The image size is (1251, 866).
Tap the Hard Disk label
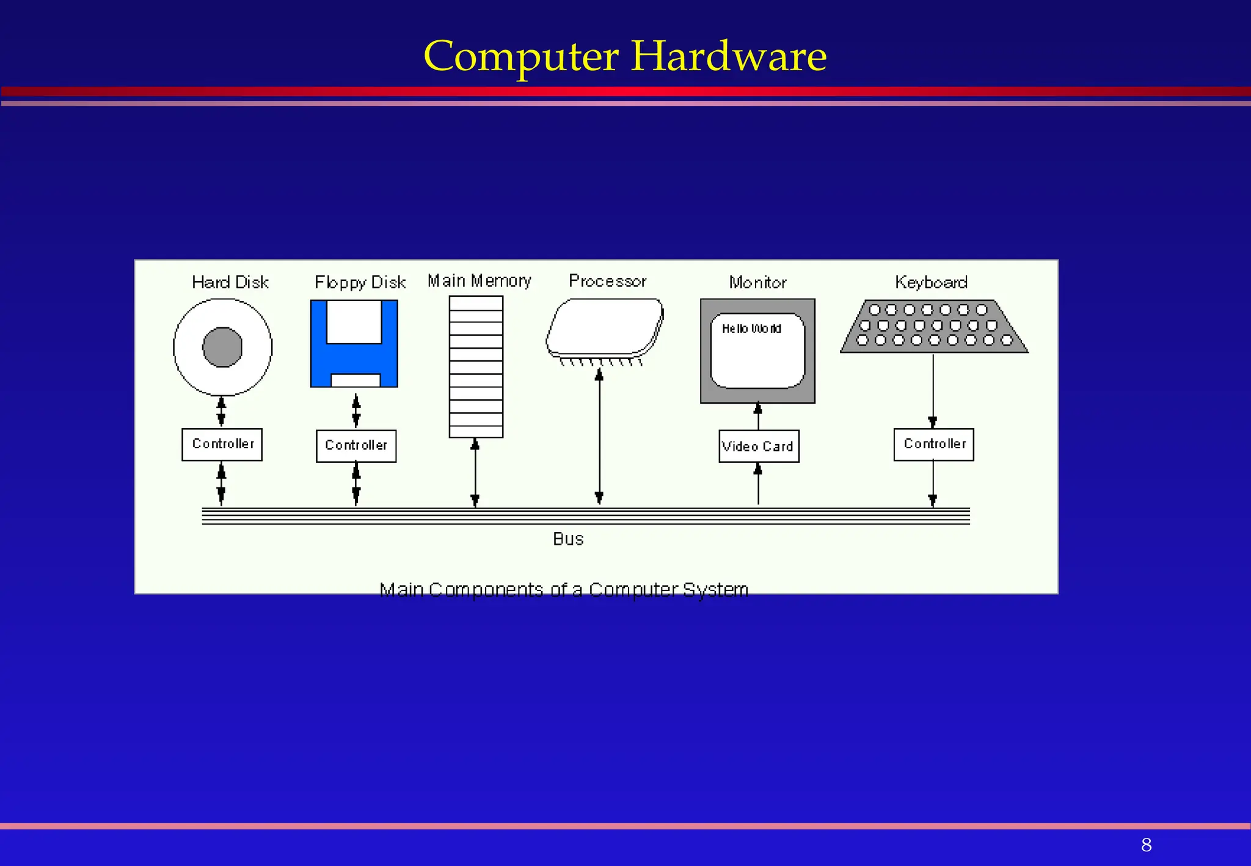coord(230,282)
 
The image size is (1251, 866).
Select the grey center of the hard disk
coord(222,347)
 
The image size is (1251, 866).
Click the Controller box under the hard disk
coord(222,444)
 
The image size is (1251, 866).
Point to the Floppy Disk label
coord(360,282)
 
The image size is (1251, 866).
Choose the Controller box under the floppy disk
coord(356,446)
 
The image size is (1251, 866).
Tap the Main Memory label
coord(479,281)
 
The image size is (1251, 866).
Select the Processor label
coord(607,281)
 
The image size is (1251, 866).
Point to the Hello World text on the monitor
coord(751,329)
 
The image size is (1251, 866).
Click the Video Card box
coord(759,446)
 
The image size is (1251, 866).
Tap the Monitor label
coord(757,282)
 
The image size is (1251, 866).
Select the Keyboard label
coord(931,282)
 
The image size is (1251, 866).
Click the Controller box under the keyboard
coord(933,444)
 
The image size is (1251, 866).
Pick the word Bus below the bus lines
coord(568,539)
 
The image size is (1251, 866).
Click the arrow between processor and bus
coord(599,437)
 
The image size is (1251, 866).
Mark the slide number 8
coord(1146,845)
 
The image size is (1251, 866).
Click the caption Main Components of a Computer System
coord(564,589)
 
